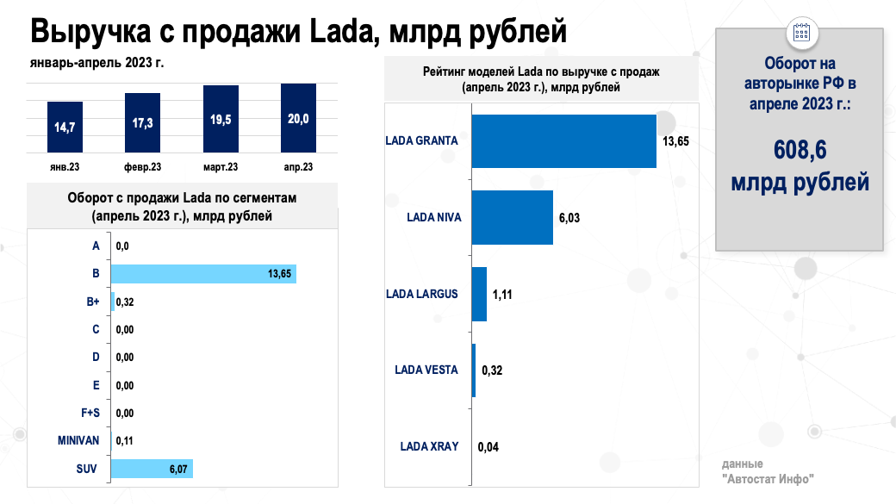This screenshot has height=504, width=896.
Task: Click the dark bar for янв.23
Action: pyautogui.click(x=64, y=127)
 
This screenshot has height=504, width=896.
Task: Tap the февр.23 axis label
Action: pyautogui.click(x=142, y=167)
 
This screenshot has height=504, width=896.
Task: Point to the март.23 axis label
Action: pyautogui.click(x=221, y=167)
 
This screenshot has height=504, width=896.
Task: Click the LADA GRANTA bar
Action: pyautogui.click(x=563, y=141)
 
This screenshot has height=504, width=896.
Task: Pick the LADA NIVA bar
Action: pyautogui.click(x=512, y=217)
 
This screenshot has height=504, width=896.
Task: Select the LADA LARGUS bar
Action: pyautogui.click(x=479, y=294)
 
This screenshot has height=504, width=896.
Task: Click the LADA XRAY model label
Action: pyautogui.click(x=429, y=446)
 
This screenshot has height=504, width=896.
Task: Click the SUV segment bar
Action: pyautogui.click(x=151, y=469)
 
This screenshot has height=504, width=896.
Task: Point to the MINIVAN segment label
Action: pyautogui.click(x=79, y=440)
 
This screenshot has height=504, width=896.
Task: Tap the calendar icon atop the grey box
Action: pyautogui.click(x=800, y=32)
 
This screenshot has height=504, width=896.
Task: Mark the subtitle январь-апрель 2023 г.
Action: pyautogui.click(x=96, y=63)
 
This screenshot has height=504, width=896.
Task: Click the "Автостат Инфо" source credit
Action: pyautogui.click(x=768, y=478)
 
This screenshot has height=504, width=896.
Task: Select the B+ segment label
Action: pyautogui.click(x=92, y=302)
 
